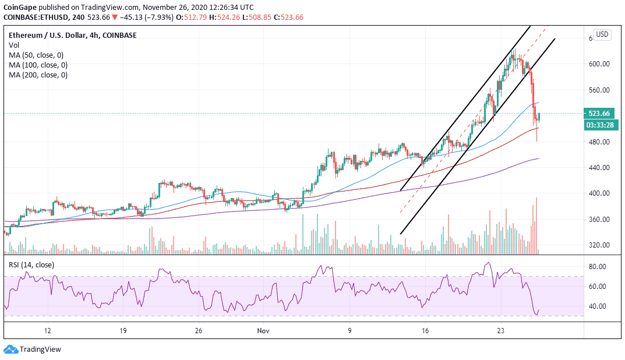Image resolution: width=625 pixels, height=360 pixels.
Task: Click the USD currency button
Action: click(x=602, y=34)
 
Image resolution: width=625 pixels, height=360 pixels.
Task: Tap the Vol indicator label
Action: click(x=15, y=45)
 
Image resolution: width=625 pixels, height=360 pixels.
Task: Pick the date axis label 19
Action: click(x=123, y=330)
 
